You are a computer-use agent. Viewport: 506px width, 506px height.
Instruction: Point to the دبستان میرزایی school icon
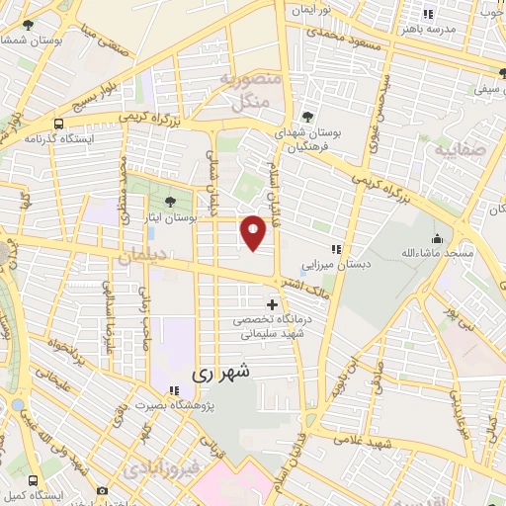click(336, 250)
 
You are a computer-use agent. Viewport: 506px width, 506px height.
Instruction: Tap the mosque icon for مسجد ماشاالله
click(437, 238)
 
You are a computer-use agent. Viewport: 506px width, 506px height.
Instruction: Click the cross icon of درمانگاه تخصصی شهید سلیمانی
click(273, 305)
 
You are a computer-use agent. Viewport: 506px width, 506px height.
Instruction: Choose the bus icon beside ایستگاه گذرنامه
click(58, 125)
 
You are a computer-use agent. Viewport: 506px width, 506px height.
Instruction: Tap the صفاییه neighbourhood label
click(455, 150)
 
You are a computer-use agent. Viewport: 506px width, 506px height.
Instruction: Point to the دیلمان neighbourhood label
click(138, 257)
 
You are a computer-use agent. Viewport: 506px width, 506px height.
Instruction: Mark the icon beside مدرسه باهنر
click(427, 14)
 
